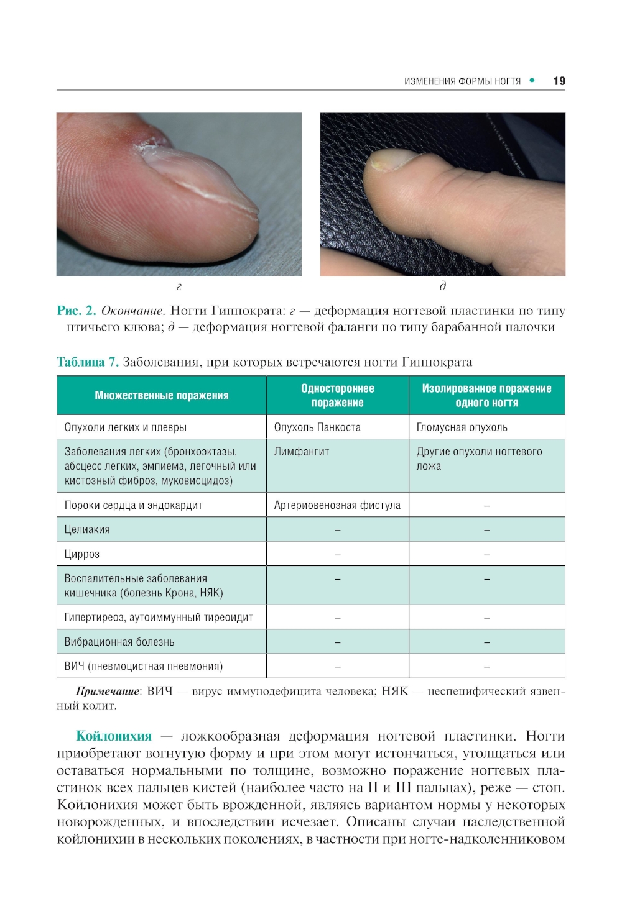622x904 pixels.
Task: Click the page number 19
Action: pyautogui.click(x=559, y=81)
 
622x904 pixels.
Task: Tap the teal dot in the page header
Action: pyautogui.click(x=532, y=80)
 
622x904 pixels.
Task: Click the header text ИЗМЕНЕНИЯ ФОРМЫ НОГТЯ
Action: pyautogui.click(x=462, y=81)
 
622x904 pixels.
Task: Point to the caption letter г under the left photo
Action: pyautogui.click(x=179, y=286)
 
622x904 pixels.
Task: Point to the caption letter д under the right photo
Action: pyautogui.click(x=443, y=286)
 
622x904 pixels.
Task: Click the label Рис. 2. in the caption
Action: pyautogui.click(x=77, y=311)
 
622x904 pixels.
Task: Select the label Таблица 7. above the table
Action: pyautogui.click(x=87, y=362)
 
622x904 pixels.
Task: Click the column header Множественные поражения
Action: pyautogui.click(x=162, y=396)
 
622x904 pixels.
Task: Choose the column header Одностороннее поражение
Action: pyautogui.click(x=338, y=396)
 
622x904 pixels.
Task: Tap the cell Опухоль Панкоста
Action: pyautogui.click(x=317, y=427)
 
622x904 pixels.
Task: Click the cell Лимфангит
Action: pyautogui.click(x=302, y=452)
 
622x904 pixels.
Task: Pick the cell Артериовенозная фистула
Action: pyautogui.click(x=337, y=505)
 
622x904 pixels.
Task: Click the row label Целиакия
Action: pyautogui.click(x=87, y=529)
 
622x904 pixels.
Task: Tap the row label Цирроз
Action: pyautogui.click(x=82, y=554)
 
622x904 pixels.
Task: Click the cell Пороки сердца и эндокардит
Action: pyautogui.click(x=134, y=505)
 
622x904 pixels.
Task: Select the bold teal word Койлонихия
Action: pyautogui.click(x=114, y=736)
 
